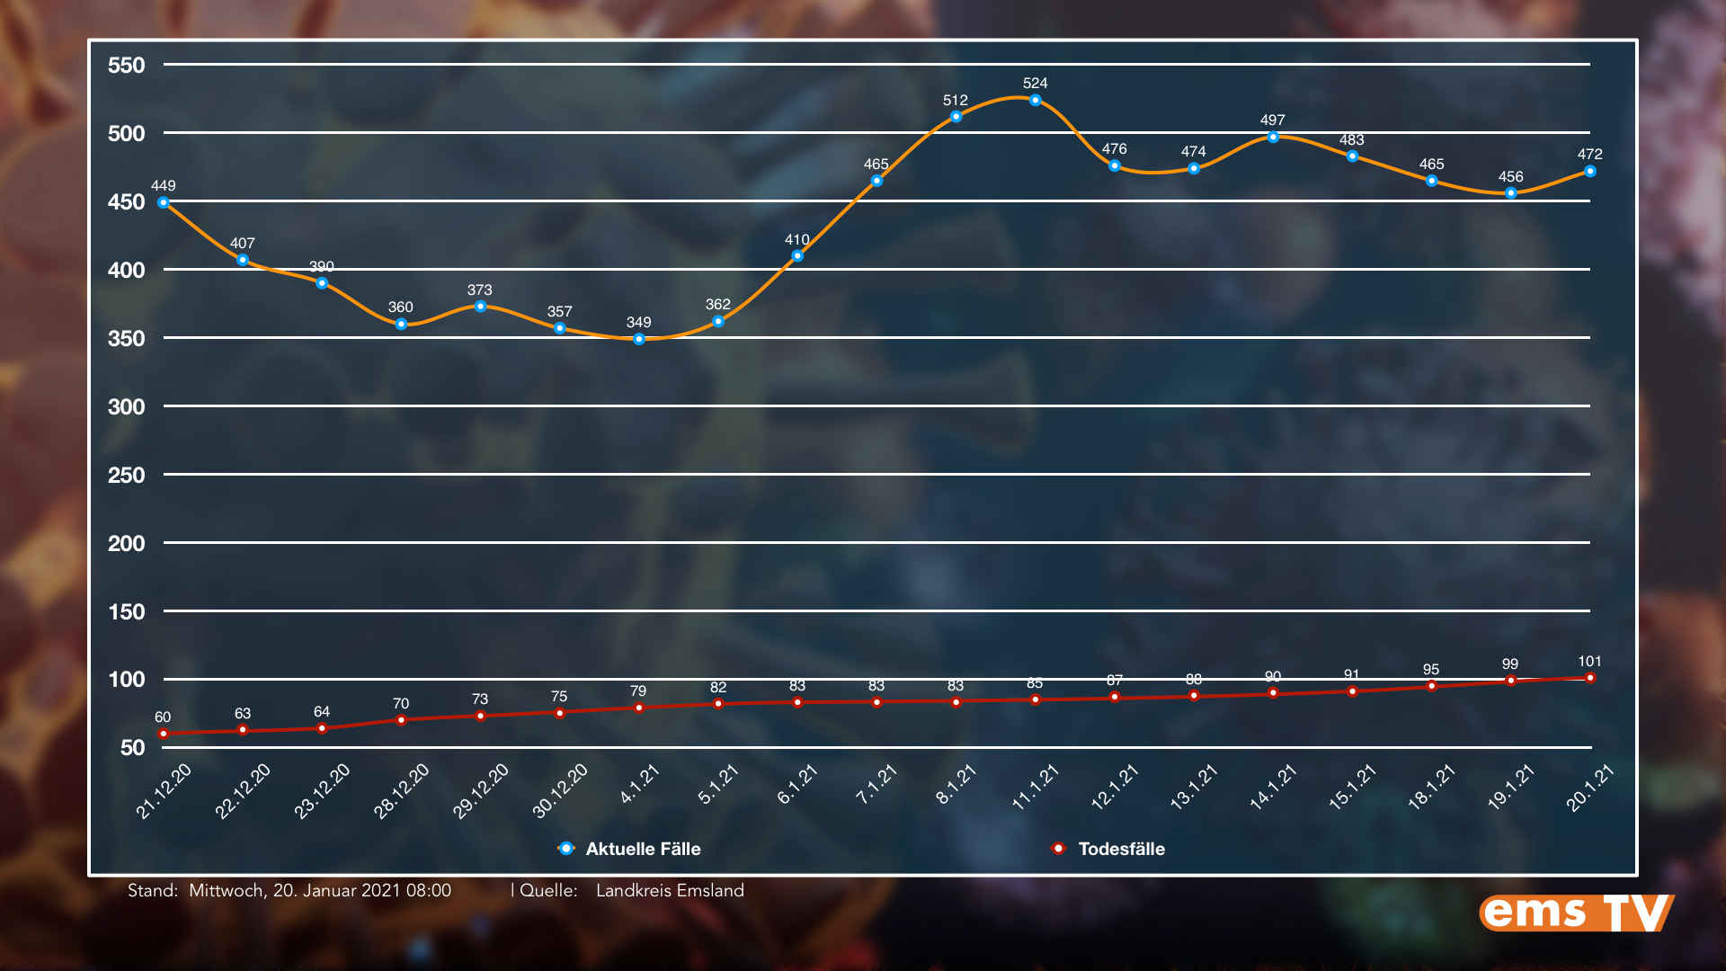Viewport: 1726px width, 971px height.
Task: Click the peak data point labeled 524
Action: tap(1035, 101)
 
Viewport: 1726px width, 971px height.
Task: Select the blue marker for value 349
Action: tap(638, 340)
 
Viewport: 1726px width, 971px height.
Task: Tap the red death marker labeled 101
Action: tap(1589, 678)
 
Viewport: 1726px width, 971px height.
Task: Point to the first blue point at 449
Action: tap(164, 203)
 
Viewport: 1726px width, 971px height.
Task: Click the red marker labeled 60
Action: tap(164, 734)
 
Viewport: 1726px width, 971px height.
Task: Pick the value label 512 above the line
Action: tap(955, 101)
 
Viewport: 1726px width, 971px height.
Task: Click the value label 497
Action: tap(1272, 120)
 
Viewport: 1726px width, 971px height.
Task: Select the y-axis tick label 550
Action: tap(126, 66)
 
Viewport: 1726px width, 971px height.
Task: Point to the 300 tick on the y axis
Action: tap(126, 407)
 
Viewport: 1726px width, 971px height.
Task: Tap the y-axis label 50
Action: tap(132, 748)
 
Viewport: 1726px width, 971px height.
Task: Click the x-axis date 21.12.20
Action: tap(164, 791)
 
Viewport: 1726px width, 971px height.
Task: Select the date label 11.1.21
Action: tap(1036, 788)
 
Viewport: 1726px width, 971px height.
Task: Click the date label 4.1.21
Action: tap(640, 784)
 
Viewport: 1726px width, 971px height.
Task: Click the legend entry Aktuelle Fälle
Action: tap(642, 849)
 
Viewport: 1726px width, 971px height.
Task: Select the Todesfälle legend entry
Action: tap(1120, 849)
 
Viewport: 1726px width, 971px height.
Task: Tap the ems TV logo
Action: tap(1576, 913)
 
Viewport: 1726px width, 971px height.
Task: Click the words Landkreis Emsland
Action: tap(670, 891)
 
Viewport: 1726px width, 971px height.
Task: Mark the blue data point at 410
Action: tap(797, 256)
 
